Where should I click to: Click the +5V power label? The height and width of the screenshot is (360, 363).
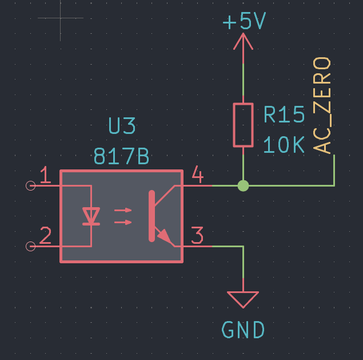pyautogui.click(x=244, y=21)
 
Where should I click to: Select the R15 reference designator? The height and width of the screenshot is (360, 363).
pyautogui.click(x=284, y=114)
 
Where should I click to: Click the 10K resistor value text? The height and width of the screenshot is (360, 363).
pyautogui.click(x=284, y=145)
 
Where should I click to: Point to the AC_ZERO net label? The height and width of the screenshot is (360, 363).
pyautogui.click(x=322, y=105)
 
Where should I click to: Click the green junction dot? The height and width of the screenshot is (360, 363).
pyautogui.click(x=243, y=185)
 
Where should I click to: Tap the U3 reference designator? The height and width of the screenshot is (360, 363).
pyautogui.click(x=122, y=126)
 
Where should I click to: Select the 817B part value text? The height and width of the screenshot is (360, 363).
pyautogui.click(x=121, y=156)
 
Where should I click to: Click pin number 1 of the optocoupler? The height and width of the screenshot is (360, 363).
pyautogui.click(x=46, y=175)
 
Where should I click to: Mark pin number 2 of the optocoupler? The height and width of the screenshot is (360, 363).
pyautogui.click(x=45, y=235)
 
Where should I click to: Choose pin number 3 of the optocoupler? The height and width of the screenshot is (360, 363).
pyautogui.click(x=197, y=235)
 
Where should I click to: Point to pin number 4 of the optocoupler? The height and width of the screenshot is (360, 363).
pyautogui.click(x=198, y=175)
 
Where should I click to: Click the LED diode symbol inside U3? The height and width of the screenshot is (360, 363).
pyautogui.click(x=91, y=216)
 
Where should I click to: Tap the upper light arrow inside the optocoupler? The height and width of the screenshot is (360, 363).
pyautogui.click(x=123, y=210)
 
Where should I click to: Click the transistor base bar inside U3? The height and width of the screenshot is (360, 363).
pyautogui.click(x=151, y=216)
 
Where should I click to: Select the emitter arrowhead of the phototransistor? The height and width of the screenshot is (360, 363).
pyautogui.click(x=165, y=236)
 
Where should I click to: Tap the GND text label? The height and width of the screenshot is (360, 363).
pyautogui.click(x=243, y=330)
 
